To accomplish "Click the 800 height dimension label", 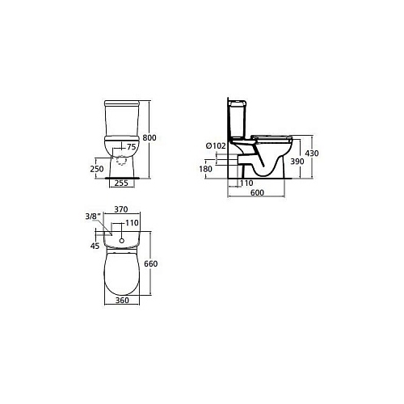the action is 149,137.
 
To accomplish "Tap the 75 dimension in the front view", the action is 131,147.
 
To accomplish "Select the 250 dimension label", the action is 97,169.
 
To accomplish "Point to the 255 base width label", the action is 121,183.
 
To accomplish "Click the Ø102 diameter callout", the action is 216,145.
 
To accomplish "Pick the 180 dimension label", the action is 205,169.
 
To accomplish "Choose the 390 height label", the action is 297,161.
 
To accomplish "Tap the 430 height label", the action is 312,154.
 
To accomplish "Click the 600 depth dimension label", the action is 257,192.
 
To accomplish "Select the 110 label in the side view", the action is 246,183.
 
